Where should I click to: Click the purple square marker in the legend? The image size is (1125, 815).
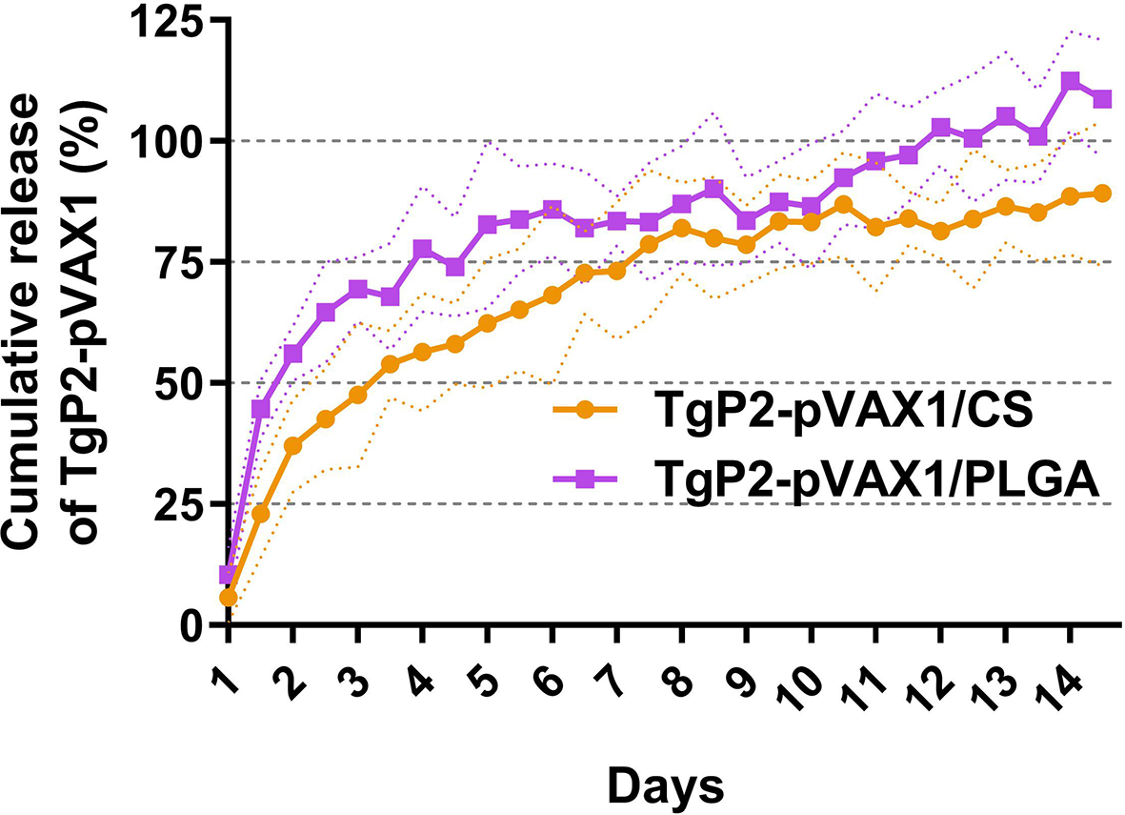pos(586,485)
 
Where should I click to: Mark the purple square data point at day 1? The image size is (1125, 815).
pos(227,575)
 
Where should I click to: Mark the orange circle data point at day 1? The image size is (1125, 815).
pos(227,598)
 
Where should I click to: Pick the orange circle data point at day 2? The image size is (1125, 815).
pos(292,446)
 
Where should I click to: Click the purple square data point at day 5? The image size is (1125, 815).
pos(487,225)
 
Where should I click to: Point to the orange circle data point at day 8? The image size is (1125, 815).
pos(682,229)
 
